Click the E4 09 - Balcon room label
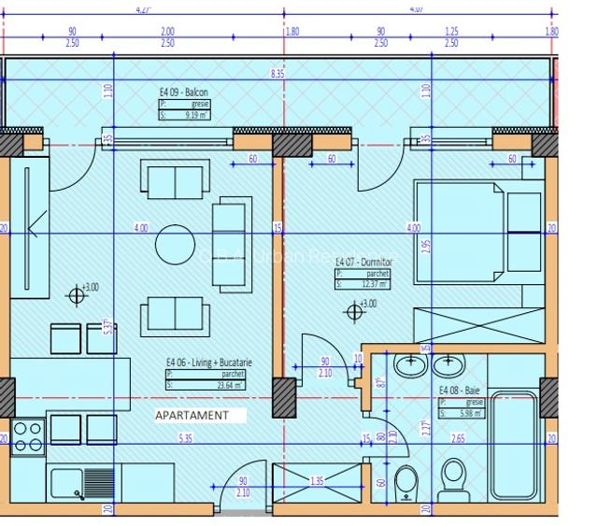click(184, 92)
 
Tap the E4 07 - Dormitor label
click(365, 263)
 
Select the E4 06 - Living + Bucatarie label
click(209, 362)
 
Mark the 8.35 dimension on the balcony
click(277, 72)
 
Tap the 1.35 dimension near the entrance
click(316, 482)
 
